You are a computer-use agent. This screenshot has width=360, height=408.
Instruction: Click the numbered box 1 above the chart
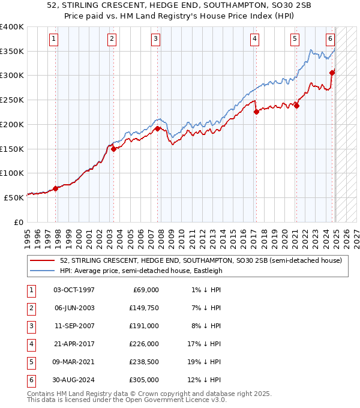54,39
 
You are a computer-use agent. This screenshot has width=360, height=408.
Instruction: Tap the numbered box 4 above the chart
255,39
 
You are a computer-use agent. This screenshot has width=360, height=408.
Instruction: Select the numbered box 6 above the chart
331,39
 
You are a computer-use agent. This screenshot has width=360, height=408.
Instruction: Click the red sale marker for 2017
256,111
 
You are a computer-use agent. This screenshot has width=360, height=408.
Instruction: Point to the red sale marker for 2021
296,106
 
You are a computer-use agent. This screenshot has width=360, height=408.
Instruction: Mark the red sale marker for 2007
157,128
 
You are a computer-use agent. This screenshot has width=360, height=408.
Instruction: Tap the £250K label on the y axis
12,100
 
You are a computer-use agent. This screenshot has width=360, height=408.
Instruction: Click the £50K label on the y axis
14,197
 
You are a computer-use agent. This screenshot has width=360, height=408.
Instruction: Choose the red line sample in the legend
43,260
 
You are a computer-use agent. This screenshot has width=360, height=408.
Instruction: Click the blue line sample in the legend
43,271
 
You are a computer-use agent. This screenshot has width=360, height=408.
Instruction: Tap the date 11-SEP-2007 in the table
74,326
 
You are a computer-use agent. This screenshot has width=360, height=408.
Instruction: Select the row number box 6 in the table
30,380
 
